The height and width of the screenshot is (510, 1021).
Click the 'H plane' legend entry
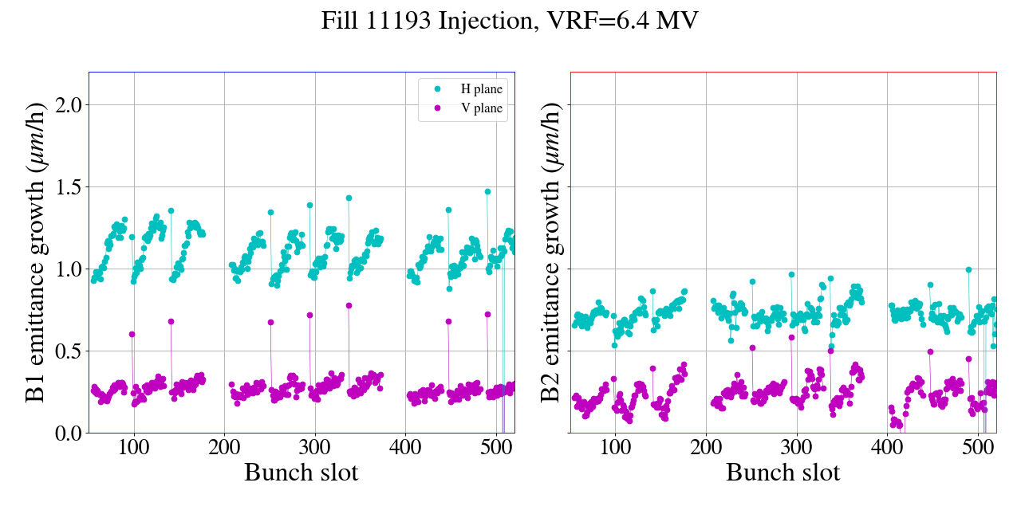click(x=481, y=89)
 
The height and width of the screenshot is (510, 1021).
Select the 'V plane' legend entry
click(x=481, y=108)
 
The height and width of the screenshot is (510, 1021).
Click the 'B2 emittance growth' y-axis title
click(x=551, y=253)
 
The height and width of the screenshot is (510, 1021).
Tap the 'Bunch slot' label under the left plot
click(x=301, y=473)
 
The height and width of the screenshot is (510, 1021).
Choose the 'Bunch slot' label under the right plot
click(x=783, y=473)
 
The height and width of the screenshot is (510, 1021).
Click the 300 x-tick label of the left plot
click(x=315, y=448)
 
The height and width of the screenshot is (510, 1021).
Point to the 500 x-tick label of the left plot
click(x=496, y=448)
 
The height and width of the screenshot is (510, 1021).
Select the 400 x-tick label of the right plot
click(x=887, y=448)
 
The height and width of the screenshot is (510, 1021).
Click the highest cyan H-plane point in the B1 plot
click(x=487, y=192)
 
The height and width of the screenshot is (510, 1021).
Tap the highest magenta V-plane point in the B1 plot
click(x=349, y=305)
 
